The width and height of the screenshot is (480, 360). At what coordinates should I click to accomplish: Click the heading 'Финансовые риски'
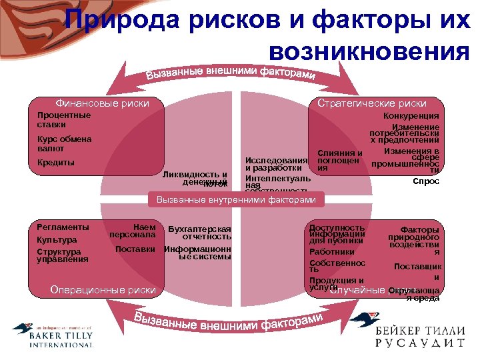[102, 103]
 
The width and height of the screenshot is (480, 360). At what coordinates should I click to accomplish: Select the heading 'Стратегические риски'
[372, 103]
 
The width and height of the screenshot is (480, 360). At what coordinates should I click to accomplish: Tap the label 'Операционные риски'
[103, 289]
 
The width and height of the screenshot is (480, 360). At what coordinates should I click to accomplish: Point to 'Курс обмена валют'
[64, 143]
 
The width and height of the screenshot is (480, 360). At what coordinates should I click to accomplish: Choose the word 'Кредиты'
[56, 163]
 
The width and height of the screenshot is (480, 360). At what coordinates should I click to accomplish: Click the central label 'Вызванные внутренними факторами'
[236, 199]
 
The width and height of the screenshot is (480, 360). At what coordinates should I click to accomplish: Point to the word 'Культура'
[57, 239]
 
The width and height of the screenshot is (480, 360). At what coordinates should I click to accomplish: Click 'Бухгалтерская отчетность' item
[200, 232]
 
